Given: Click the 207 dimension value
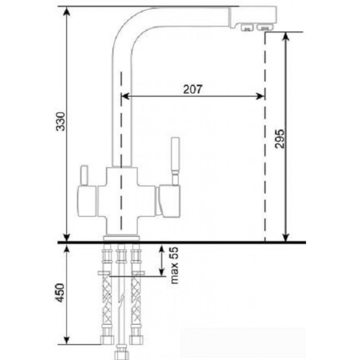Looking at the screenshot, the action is point(193,89).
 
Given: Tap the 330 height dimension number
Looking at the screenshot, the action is point(61,121).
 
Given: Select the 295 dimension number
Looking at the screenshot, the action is point(279,139).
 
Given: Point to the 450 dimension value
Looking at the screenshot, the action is point(60,293).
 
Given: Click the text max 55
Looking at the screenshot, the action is point(175,265).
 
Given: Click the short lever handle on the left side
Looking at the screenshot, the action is point(84,175).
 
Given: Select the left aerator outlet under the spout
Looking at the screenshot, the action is point(247,28).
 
